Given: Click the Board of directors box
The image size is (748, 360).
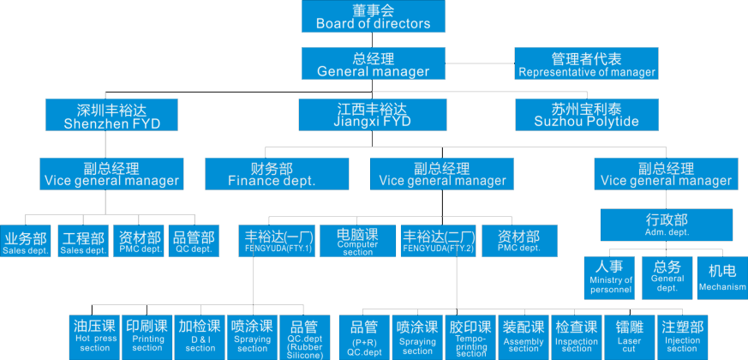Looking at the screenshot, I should tap(373, 17).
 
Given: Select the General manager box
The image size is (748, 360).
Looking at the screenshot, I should tap(373, 64).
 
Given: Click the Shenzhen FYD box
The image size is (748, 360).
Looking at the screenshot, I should tap(111, 115).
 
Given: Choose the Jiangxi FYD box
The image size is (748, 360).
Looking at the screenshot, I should tap(373, 115).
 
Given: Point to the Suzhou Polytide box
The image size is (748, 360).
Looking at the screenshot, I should tap(587, 115).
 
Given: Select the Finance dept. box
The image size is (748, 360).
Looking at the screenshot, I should tap(272, 174).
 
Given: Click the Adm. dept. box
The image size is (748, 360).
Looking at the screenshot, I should tap(667, 225).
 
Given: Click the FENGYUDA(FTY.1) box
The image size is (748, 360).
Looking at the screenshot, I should tap(279, 241).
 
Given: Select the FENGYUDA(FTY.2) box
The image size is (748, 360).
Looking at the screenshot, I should tap(438, 241).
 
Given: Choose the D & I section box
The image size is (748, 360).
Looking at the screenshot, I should tap(200, 335).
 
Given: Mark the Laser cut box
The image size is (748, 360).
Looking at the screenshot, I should tap(630, 335).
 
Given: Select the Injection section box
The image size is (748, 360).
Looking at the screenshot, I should tap(683, 335).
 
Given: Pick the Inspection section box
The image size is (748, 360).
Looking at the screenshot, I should tap(577, 335).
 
